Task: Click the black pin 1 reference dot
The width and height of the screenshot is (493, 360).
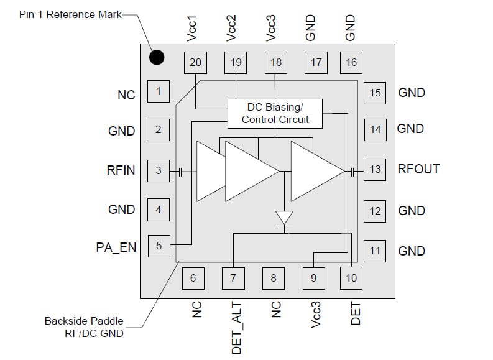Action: click(x=157, y=58)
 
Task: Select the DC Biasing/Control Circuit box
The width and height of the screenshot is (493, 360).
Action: click(x=275, y=113)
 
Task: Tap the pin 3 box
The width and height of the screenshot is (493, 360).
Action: click(x=158, y=170)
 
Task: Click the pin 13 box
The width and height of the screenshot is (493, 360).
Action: click(x=375, y=169)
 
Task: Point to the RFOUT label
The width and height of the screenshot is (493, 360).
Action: click(x=418, y=169)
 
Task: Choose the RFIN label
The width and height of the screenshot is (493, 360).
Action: click(x=121, y=170)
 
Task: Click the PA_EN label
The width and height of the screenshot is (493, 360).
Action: click(x=116, y=247)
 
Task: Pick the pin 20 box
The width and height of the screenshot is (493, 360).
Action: click(x=196, y=62)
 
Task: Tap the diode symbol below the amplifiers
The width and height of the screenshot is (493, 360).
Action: click(x=285, y=218)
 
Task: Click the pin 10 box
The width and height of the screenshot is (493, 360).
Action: click(x=352, y=278)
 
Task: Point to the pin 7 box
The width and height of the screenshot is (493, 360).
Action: click(x=233, y=278)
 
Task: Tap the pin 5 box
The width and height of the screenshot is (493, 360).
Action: click(x=158, y=246)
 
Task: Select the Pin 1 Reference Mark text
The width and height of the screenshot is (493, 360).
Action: click(x=70, y=14)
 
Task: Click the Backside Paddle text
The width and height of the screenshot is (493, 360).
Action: click(x=84, y=321)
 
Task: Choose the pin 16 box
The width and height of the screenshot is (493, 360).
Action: click(x=352, y=62)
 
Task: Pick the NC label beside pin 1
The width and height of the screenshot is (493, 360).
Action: click(x=126, y=95)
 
